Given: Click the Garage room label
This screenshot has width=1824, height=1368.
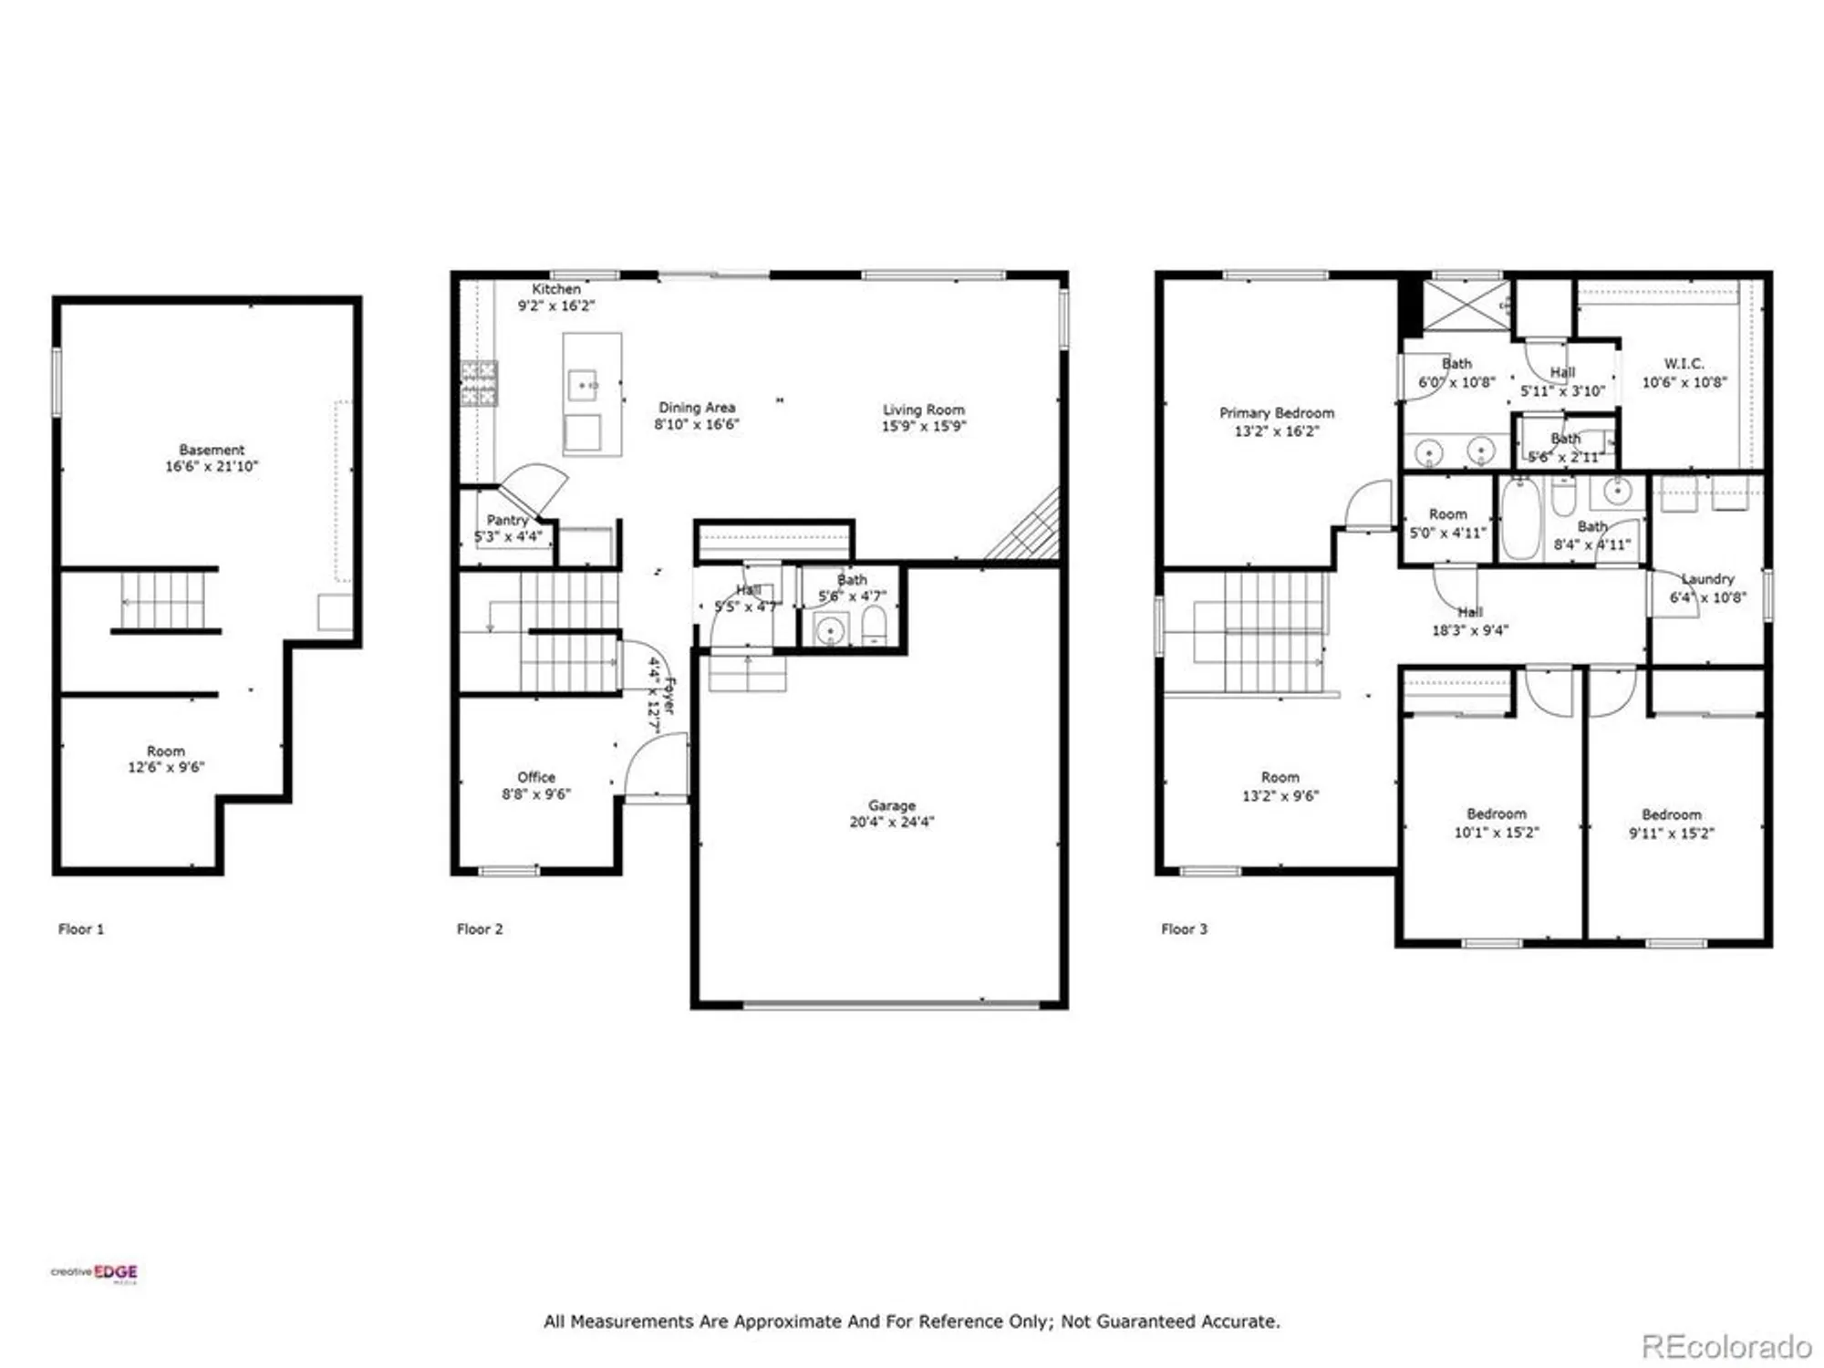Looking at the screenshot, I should tap(891, 805).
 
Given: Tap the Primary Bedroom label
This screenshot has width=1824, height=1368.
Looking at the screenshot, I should tap(1276, 413).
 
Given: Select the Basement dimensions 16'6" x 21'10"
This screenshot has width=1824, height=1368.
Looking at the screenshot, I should tap(212, 467).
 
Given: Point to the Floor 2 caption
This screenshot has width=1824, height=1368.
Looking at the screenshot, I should tap(480, 929).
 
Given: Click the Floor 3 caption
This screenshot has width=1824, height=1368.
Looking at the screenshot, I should tap(1184, 929).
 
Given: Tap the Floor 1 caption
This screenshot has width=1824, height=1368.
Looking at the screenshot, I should tap(81, 929).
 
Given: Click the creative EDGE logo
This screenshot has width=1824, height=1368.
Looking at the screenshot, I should tap(95, 1273).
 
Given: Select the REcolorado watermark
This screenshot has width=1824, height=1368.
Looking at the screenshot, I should tap(1726, 1346).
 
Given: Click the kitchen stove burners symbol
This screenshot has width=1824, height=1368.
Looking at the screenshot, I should tap(479, 383).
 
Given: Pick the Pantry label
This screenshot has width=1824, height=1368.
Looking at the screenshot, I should tap(507, 520).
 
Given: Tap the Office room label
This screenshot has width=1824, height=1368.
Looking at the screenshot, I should tap(536, 777).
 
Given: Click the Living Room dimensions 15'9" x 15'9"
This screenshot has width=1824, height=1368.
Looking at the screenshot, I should tap(923, 426).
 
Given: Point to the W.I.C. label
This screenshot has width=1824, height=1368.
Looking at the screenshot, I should tap(1684, 364).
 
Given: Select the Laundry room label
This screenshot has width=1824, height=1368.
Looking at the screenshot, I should tap(1707, 579).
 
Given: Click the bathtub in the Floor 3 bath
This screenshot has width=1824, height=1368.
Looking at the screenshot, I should tap(1520, 517).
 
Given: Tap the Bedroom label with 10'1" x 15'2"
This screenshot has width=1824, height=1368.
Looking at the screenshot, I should tap(1496, 814).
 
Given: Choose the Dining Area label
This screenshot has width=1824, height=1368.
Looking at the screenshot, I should tap(697, 408).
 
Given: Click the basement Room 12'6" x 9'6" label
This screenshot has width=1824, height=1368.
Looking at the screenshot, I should tap(166, 751).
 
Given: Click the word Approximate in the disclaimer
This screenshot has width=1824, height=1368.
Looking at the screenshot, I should tap(788, 1321).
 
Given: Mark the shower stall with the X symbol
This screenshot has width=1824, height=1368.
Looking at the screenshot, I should tap(1466, 305).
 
